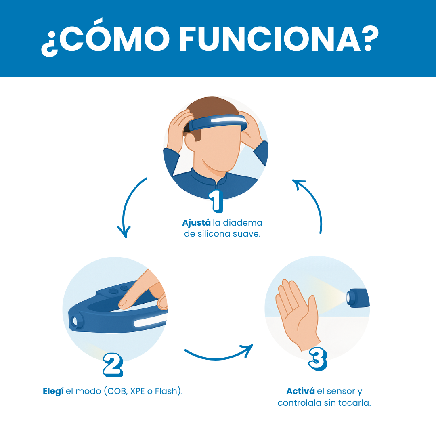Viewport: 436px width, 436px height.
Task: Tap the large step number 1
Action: point(216,201)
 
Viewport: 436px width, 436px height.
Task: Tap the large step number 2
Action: point(113,365)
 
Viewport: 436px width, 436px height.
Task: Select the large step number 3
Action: point(318,359)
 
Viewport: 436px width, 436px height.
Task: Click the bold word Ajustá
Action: point(196,223)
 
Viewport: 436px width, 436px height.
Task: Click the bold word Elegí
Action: point(53,391)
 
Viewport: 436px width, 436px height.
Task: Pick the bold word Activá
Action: point(301,391)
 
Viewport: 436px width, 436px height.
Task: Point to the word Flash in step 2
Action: point(166,391)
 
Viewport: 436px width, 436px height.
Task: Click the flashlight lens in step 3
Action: point(349,298)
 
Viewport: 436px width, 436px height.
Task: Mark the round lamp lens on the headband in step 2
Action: point(74,322)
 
